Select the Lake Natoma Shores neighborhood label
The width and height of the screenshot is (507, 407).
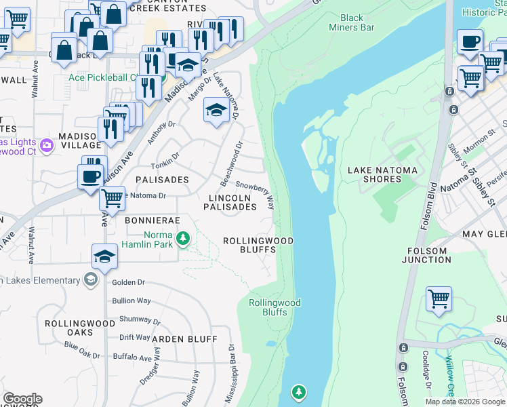click(373, 174)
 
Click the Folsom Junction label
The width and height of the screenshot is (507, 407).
click(427, 256)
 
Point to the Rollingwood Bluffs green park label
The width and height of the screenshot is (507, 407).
click(274, 307)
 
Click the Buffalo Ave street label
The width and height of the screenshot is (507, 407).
click(132, 357)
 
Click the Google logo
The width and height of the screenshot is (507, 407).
click(22, 399)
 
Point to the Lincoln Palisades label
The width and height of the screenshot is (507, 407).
click(230, 202)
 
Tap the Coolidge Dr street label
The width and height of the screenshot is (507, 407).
click(428, 370)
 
